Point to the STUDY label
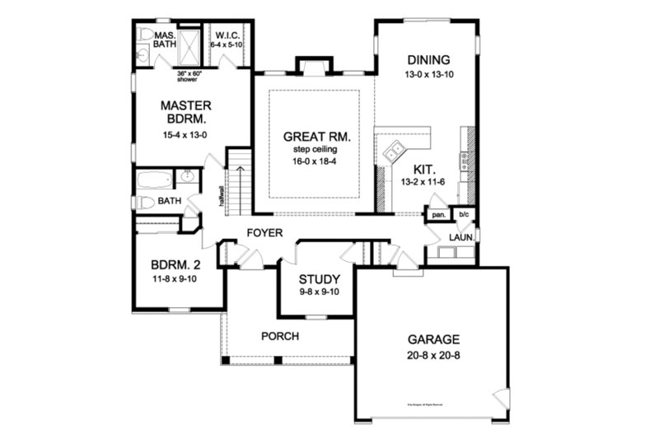click(315, 278)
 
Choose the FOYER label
click(265, 234)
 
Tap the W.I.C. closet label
click(227, 36)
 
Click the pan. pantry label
click(437, 215)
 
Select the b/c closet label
click(463, 215)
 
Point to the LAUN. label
click(460, 237)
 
